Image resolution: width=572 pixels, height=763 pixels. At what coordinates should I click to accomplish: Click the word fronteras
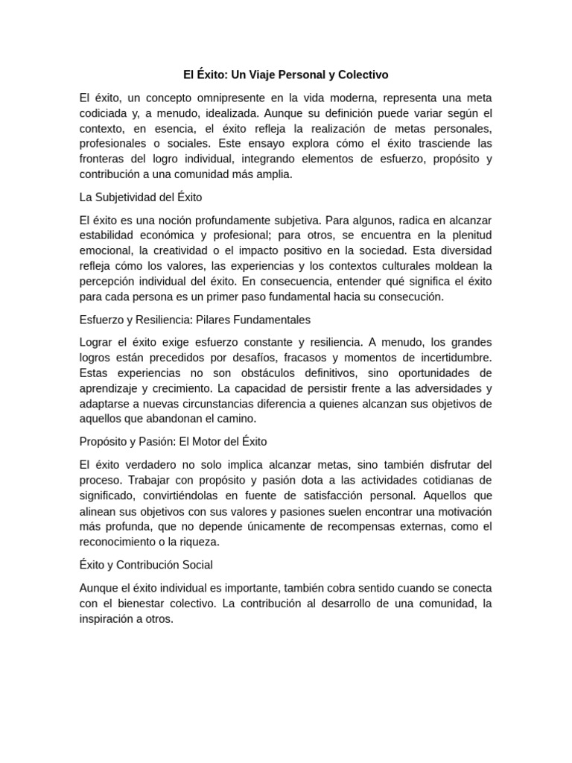(x=104, y=159)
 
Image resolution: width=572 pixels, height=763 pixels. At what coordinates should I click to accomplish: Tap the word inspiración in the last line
(x=110, y=618)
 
